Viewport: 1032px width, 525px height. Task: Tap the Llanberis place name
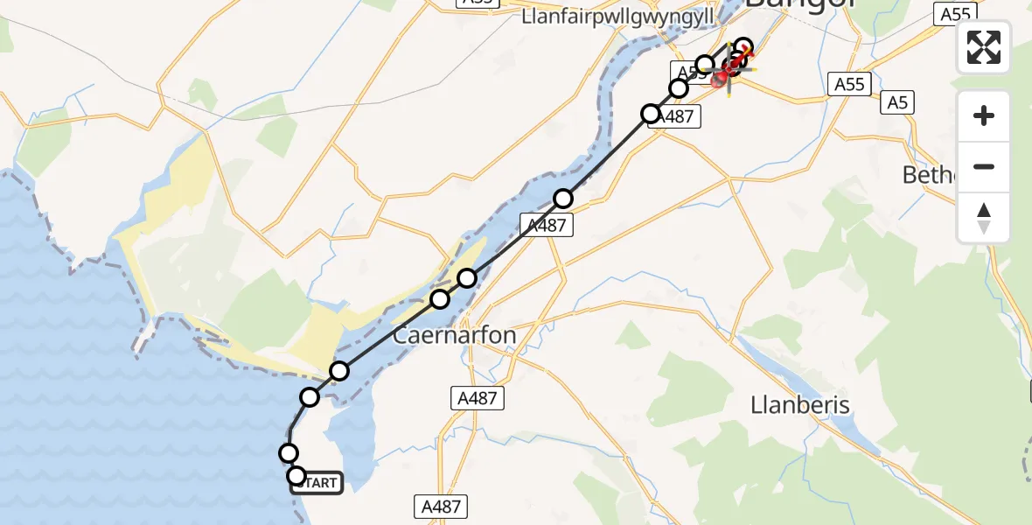(x=800, y=406)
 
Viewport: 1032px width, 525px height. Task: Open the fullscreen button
(x=984, y=47)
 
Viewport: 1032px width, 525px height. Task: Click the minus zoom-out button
(x=984, y=166)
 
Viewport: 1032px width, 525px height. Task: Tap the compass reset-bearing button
(x=984, y=217)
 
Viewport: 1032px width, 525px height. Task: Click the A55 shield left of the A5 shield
(x=848, y=84)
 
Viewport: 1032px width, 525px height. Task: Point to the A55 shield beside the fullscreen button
(x=954, y=13)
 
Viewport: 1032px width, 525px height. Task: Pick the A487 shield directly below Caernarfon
(x=478, y=399)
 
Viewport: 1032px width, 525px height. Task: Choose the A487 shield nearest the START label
(x=442, y=506)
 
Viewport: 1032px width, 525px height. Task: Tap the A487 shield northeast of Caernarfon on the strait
(x=547, y=225)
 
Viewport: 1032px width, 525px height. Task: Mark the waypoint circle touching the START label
(x=296, y=476)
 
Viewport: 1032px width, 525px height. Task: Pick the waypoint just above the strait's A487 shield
(x=563, y=199)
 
